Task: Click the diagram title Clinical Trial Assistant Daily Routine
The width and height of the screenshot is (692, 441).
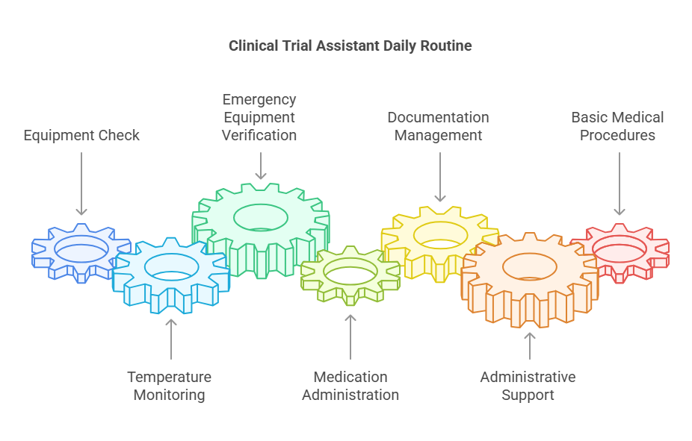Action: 350,46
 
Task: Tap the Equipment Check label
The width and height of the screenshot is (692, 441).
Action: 81,136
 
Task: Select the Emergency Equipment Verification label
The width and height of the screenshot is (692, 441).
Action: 259,117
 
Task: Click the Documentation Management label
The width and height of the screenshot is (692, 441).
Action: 438,126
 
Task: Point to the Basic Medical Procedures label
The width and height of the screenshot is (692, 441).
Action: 617,126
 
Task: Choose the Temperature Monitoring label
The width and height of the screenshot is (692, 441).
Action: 169,386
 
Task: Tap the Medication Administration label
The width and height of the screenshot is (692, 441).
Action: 350,386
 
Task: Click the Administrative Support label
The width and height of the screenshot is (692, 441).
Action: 528,386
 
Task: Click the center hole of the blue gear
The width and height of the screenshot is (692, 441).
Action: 81,248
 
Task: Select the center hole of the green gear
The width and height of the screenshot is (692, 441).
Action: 260,217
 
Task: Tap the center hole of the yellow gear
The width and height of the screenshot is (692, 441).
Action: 440,234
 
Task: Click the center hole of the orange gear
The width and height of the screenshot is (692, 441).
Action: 529,266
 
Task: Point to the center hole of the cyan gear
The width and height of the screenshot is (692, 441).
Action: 171,266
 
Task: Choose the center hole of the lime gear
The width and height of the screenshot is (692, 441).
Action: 350,272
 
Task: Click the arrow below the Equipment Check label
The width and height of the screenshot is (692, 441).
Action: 81,184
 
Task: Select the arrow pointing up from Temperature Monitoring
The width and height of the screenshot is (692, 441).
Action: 171,339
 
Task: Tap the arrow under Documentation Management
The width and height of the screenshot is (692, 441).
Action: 440,177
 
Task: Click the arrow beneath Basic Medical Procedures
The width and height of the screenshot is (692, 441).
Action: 619,184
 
